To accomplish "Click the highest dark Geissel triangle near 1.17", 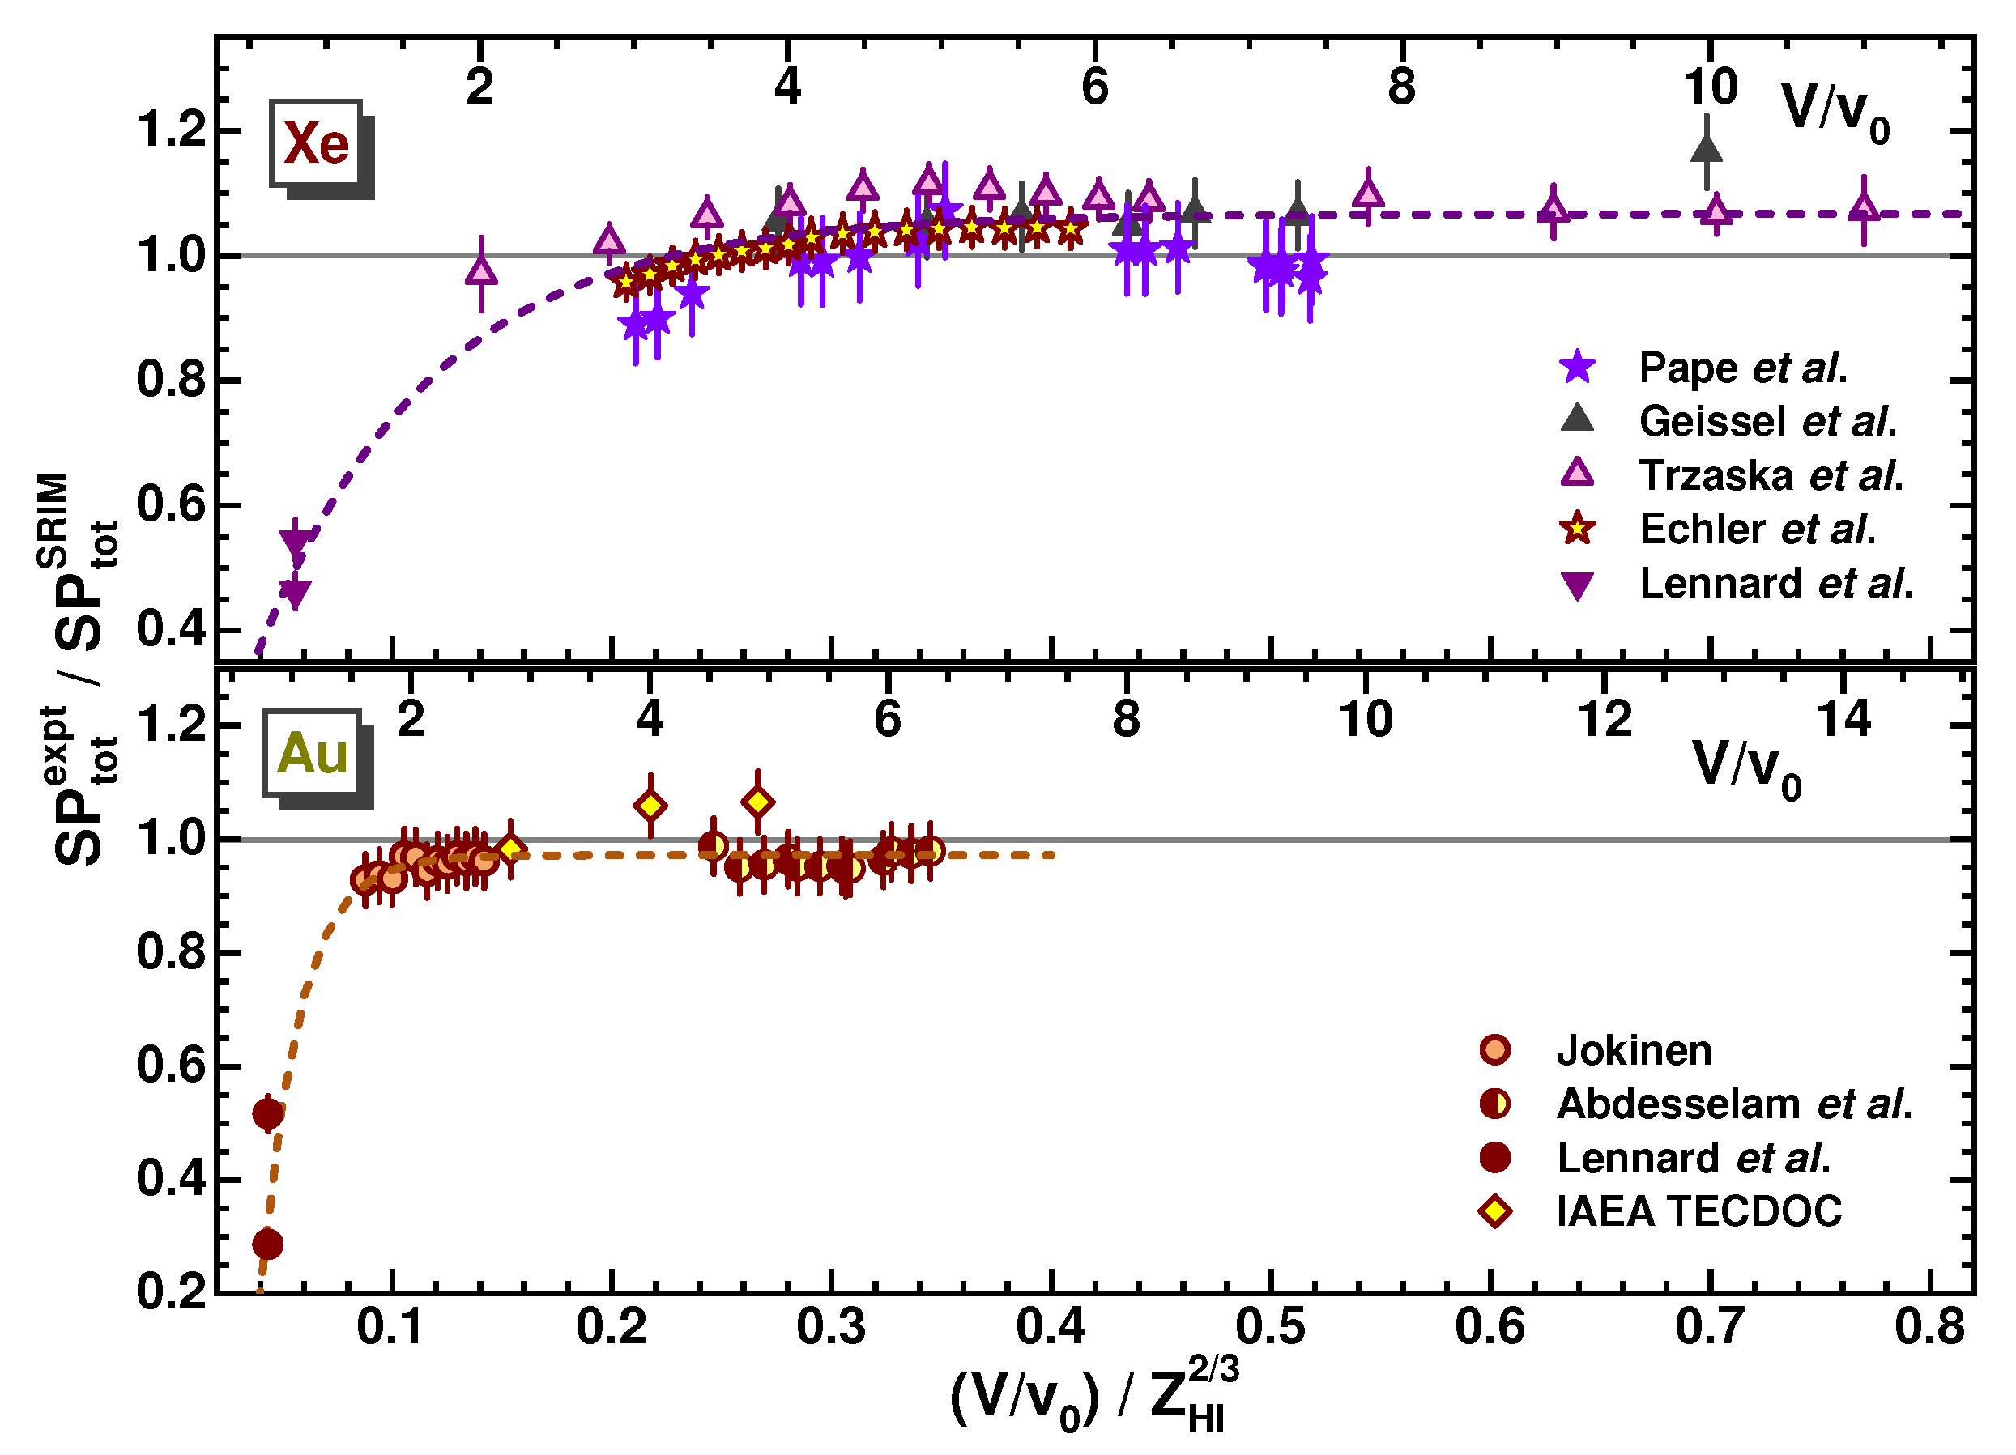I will pyautogui.click(x=1706, y=149).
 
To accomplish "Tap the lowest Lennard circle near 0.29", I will pyautogui.click(x=267, y=1244).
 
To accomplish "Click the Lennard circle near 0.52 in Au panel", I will pyautogui.click(x=267, y=1113).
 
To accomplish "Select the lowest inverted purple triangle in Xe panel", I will pyautogui.click(x=294, y=592).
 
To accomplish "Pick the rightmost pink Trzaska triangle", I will pyautogui.click(x=1864, y=208).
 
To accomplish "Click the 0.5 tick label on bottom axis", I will pyautogui.click(x=1271, y=1326).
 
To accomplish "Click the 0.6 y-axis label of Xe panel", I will pyautogui.click(x=171, y=505).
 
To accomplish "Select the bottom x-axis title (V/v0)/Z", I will pyautogui.click(x=1093, y=1398).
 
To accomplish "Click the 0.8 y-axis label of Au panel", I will pyautogui.click(x=171, y=952).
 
